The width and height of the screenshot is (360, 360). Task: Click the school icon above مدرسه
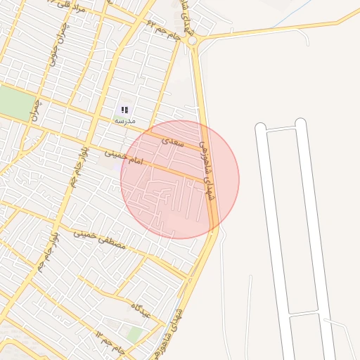tap(124, 110)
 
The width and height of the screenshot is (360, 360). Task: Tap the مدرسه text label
tap(124, 121)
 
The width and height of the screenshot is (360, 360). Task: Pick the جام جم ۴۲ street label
tap(161, 27)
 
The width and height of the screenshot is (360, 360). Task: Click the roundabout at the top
tap(193, 40)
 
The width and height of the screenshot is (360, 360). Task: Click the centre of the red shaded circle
tap(180, 179)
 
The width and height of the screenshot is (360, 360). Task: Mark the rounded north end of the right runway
tap(301, 124)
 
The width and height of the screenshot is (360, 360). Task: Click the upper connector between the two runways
tap(281, 129)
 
